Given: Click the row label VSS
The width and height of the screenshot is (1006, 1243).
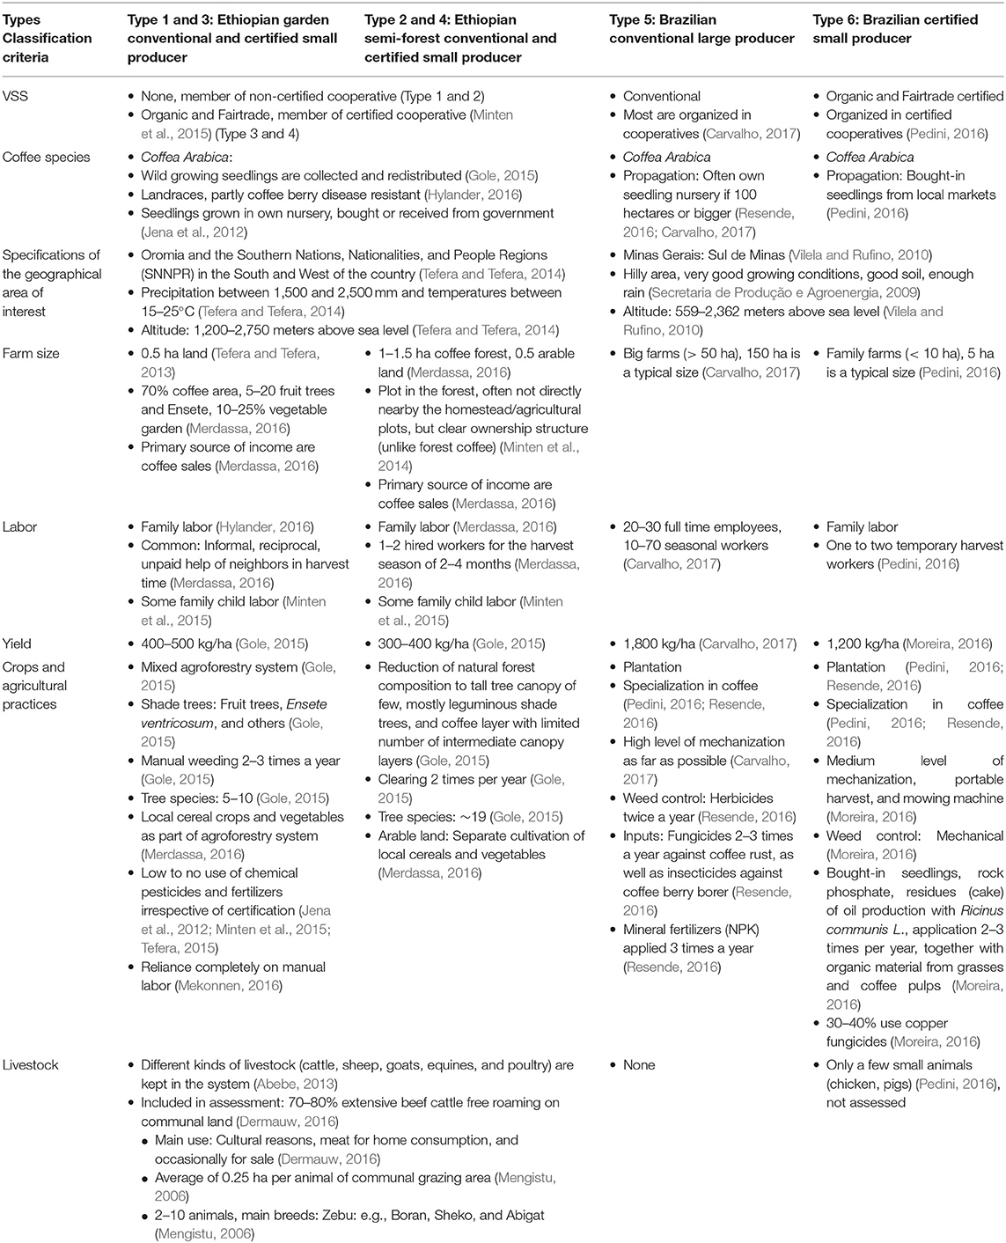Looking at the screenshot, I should [15, 96].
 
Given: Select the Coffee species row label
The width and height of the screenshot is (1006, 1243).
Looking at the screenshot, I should [46, 157].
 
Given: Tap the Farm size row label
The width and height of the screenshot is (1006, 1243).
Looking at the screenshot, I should [30, 353].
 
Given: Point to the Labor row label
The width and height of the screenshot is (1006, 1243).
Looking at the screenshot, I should [20, 526].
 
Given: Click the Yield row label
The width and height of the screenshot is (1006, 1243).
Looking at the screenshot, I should [18, 644].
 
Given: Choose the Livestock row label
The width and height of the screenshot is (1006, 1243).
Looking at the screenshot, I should [30, 1064].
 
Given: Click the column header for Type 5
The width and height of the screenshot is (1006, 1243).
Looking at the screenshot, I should [701, 29].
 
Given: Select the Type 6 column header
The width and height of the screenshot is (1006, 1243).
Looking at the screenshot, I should [895, 29].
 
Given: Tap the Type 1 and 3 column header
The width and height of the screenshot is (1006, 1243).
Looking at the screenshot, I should [232, 38].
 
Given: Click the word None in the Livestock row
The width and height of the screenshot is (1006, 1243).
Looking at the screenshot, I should [639, 1064].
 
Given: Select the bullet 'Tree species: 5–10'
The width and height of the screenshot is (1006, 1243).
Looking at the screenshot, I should [201, 798].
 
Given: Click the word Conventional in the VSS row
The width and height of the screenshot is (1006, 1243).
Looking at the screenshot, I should [661, 96].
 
